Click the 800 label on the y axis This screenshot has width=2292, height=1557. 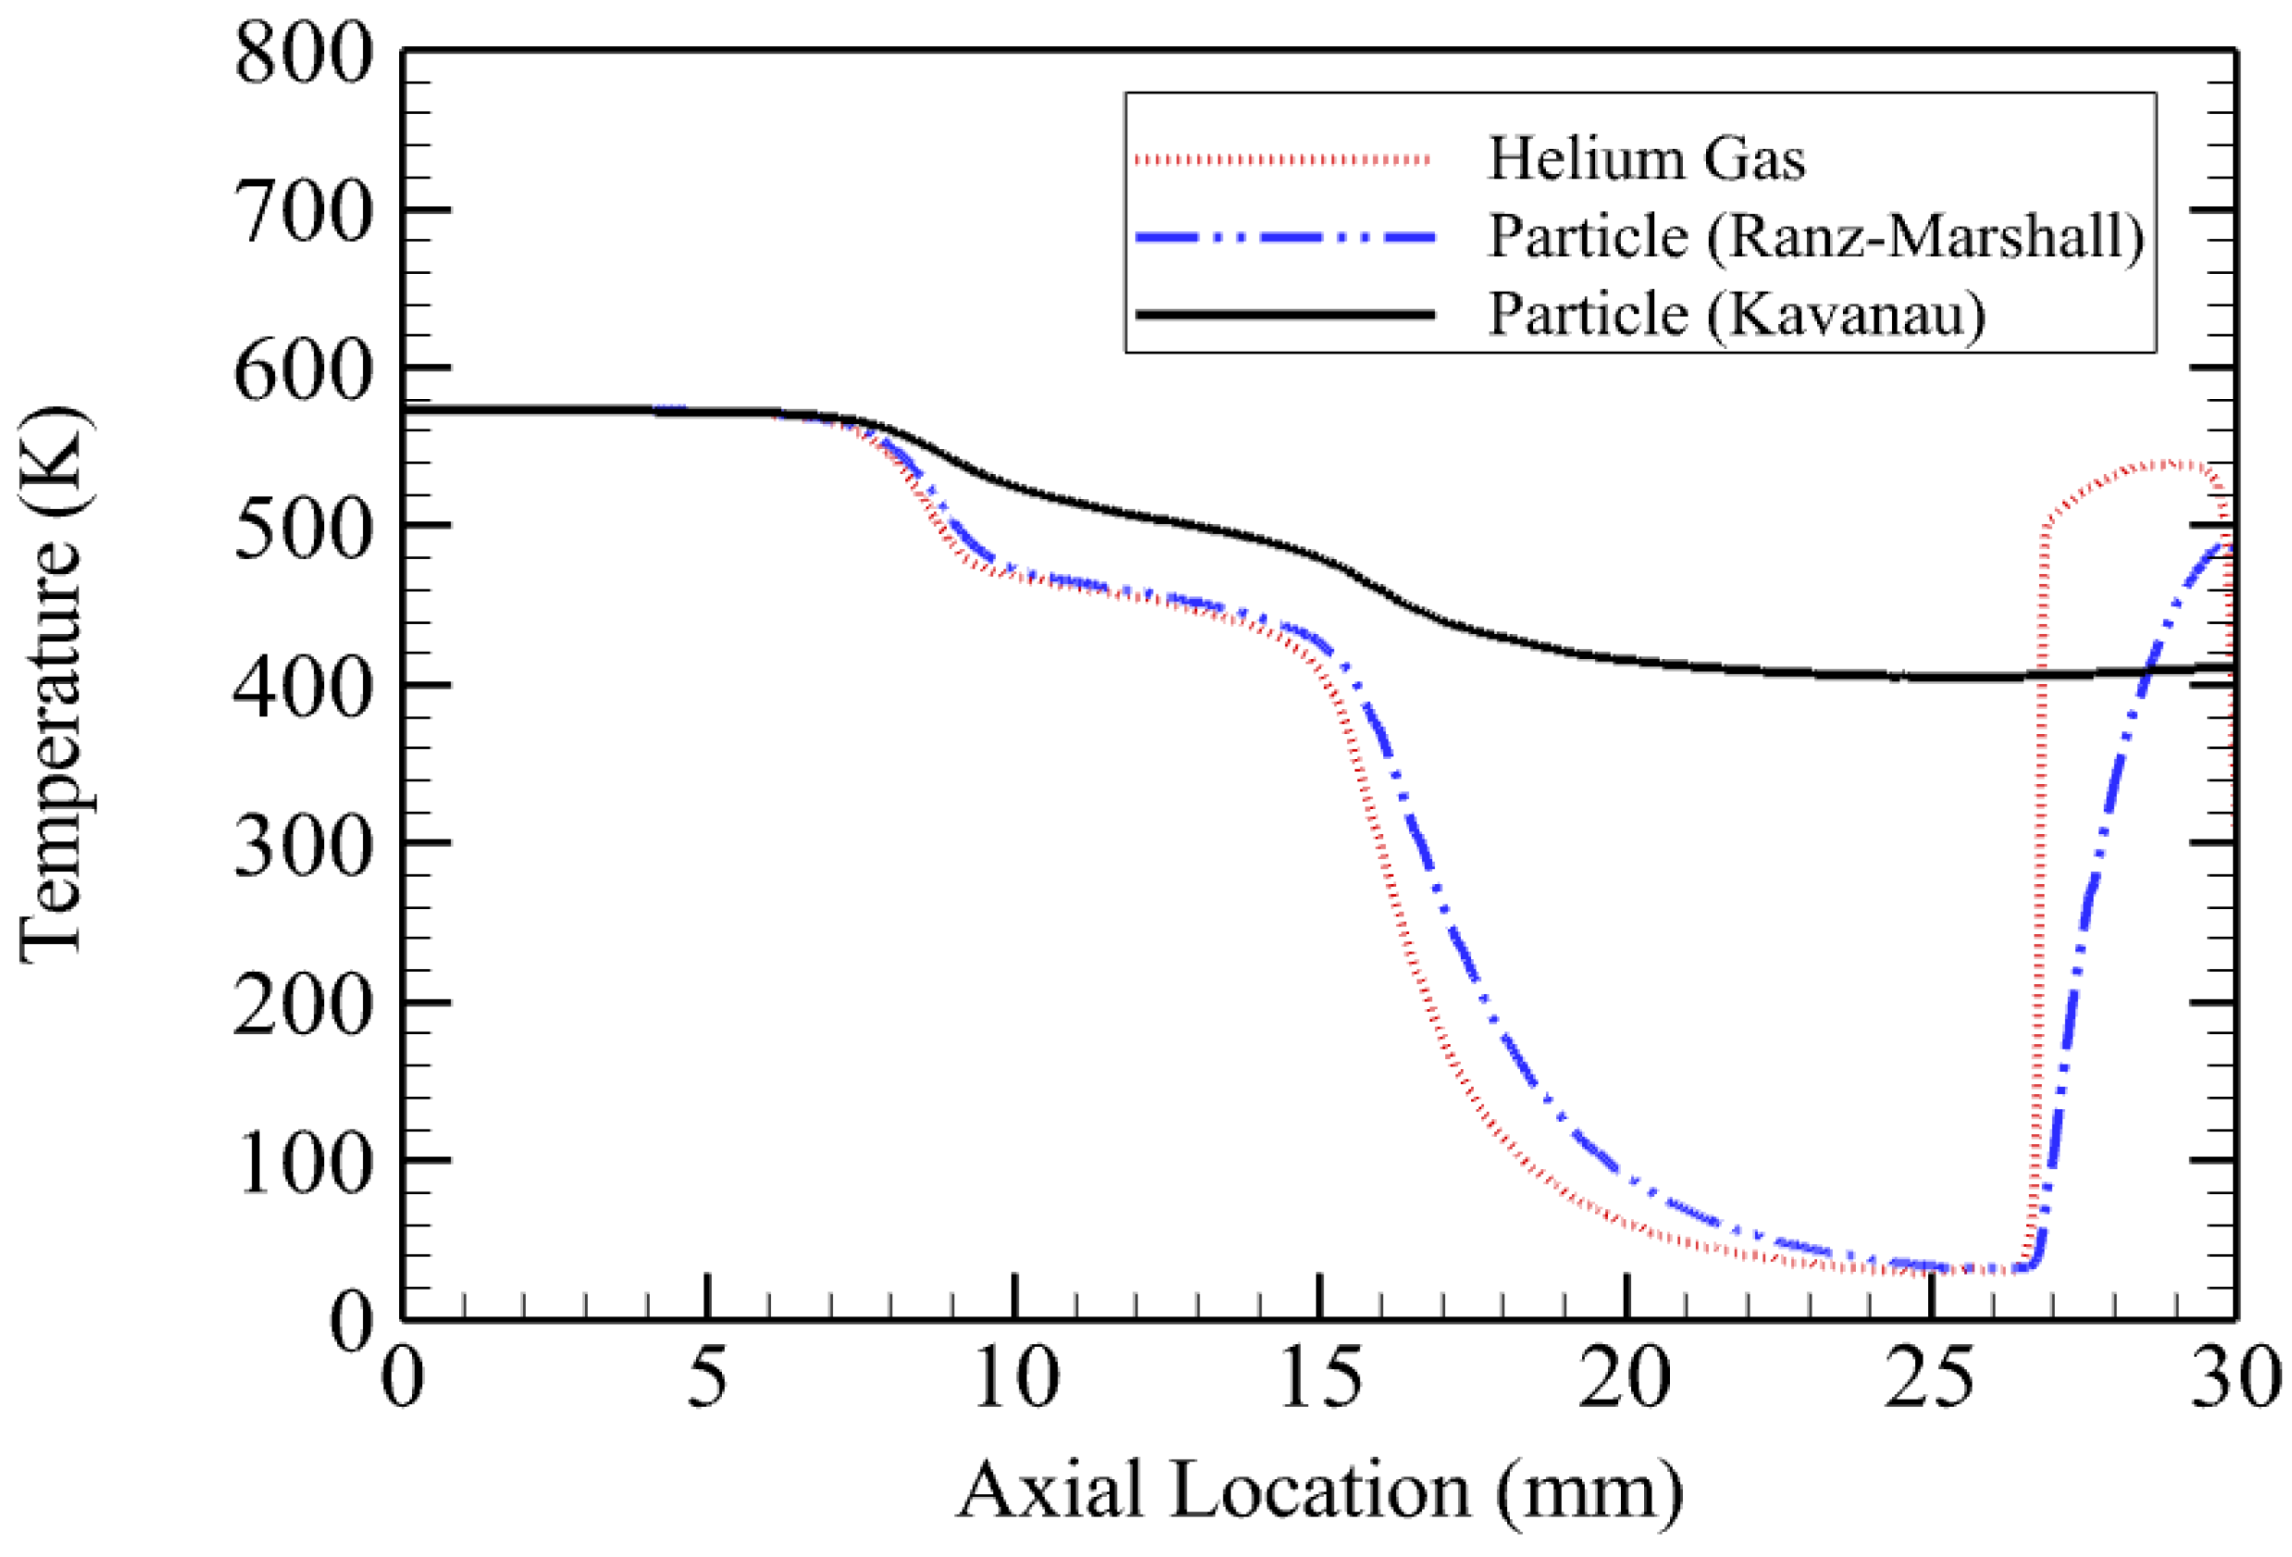tap(304, 55)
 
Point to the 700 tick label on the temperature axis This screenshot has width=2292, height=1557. tap(304, 213)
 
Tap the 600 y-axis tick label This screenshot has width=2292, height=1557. tap(304, 372)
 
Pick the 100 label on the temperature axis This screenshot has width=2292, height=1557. tap(304, 1164)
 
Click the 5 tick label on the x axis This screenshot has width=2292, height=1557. tap(707, 1377)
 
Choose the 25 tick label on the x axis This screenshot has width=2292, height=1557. tap(1930, 1377)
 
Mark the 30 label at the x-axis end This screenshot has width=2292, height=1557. tap(2235, 1377)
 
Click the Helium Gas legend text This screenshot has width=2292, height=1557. tap(1646, 159)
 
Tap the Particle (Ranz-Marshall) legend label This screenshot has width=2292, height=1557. tap(1815, 237)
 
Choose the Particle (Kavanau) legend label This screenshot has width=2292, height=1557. tap(1736, 315)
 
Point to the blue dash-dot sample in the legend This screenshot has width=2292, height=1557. tap(1282, 237)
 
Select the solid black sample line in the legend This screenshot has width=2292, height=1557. tap(1282, 315)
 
